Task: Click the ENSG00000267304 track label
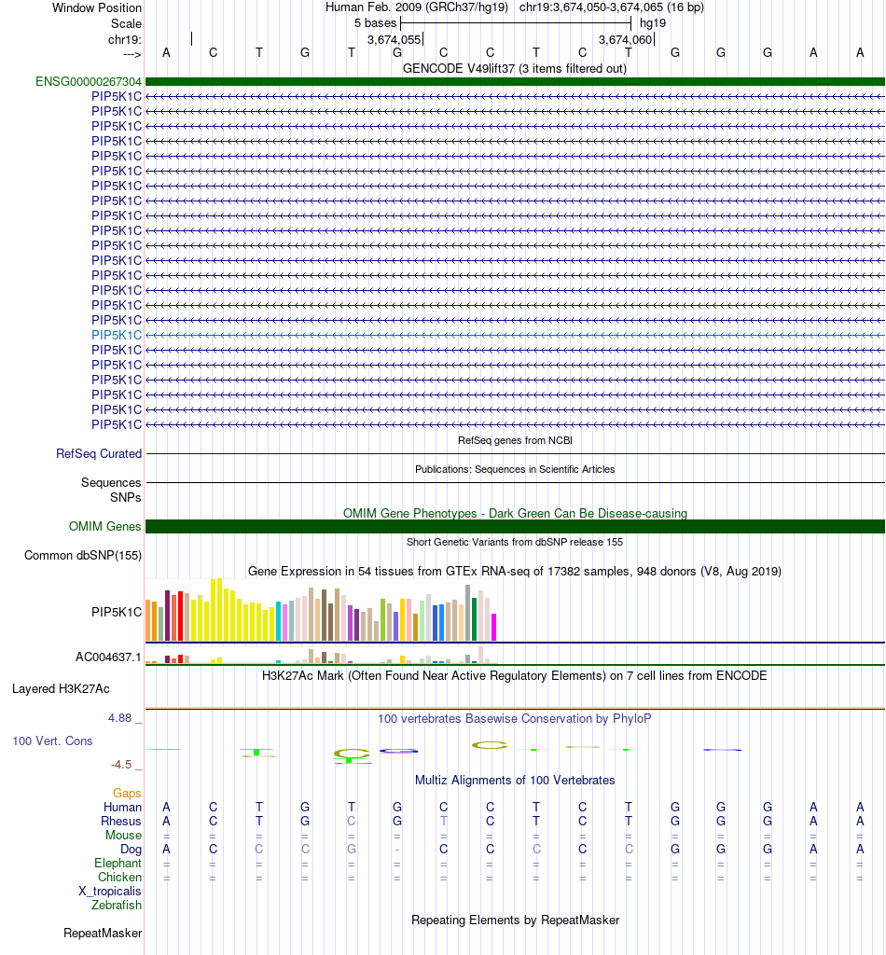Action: (89, 81)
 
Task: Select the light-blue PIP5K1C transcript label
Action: (117, 335)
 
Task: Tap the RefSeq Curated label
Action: (99, 454)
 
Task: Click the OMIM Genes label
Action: (105, 527)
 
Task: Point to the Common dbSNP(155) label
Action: (83, 556)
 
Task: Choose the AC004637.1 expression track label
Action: (108, 657)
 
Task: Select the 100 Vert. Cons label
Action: (52, 740)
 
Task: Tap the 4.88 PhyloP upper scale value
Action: (121, 718)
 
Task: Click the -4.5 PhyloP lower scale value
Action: (122, 765)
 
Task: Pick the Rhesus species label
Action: (121, 822)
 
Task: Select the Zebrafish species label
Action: (117, 905)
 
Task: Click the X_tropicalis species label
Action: (110, 891)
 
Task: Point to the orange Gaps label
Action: (127, 793)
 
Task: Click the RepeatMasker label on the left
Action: (103, 933)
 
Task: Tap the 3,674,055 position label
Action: (395, 40)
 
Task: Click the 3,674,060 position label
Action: (625, 40)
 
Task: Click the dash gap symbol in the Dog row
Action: (397, 850)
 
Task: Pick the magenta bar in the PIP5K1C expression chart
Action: (494, 627)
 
